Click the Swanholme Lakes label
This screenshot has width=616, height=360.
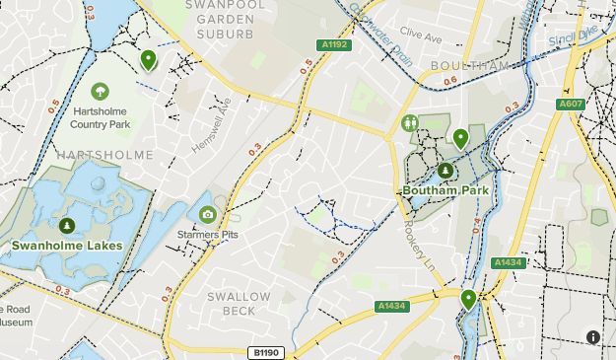click(x=67, y=246)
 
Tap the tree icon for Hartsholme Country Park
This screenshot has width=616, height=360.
click(x=100, y=92)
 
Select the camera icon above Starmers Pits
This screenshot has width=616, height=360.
click(x=207, y=215)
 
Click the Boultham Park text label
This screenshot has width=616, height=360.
click(x=445, y=190)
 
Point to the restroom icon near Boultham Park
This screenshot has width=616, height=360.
click(x=410, y=123)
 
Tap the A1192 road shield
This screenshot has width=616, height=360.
click(x=334, y=44)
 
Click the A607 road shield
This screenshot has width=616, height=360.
click(x=571, y=104)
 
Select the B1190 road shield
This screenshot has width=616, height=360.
click(x=263, y=352)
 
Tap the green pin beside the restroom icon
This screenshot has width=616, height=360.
click(x=460, y=137)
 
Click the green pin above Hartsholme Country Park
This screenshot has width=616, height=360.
click(x=148, y=60)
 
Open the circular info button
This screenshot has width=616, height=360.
click(x=593, y=337)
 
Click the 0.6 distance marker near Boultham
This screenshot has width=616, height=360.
click(x=451, y=81)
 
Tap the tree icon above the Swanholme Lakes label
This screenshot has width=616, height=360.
click(x=67, y=226)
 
